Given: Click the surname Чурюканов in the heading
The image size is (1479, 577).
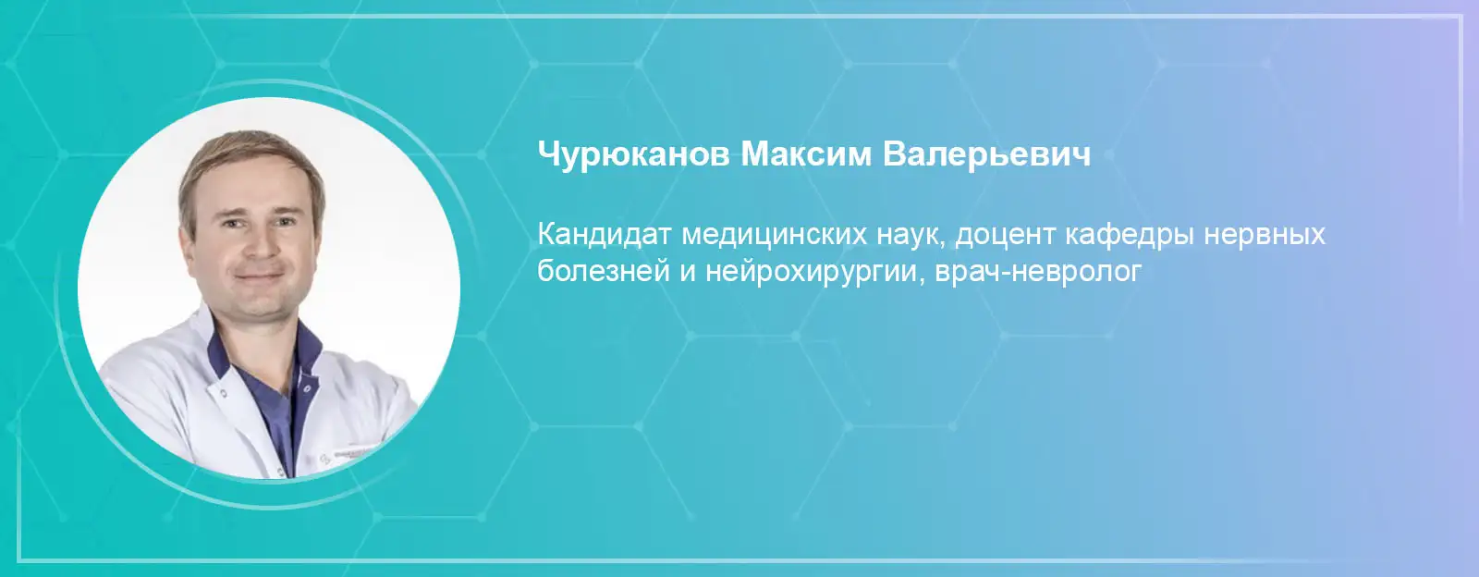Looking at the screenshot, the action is pyautogui.click(x=633, y=155).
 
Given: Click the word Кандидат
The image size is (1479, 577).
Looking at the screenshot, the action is pyautogui.click(x=604, y=234).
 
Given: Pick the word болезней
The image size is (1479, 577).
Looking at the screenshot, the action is pyautogui.click(x=604, y=271).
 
